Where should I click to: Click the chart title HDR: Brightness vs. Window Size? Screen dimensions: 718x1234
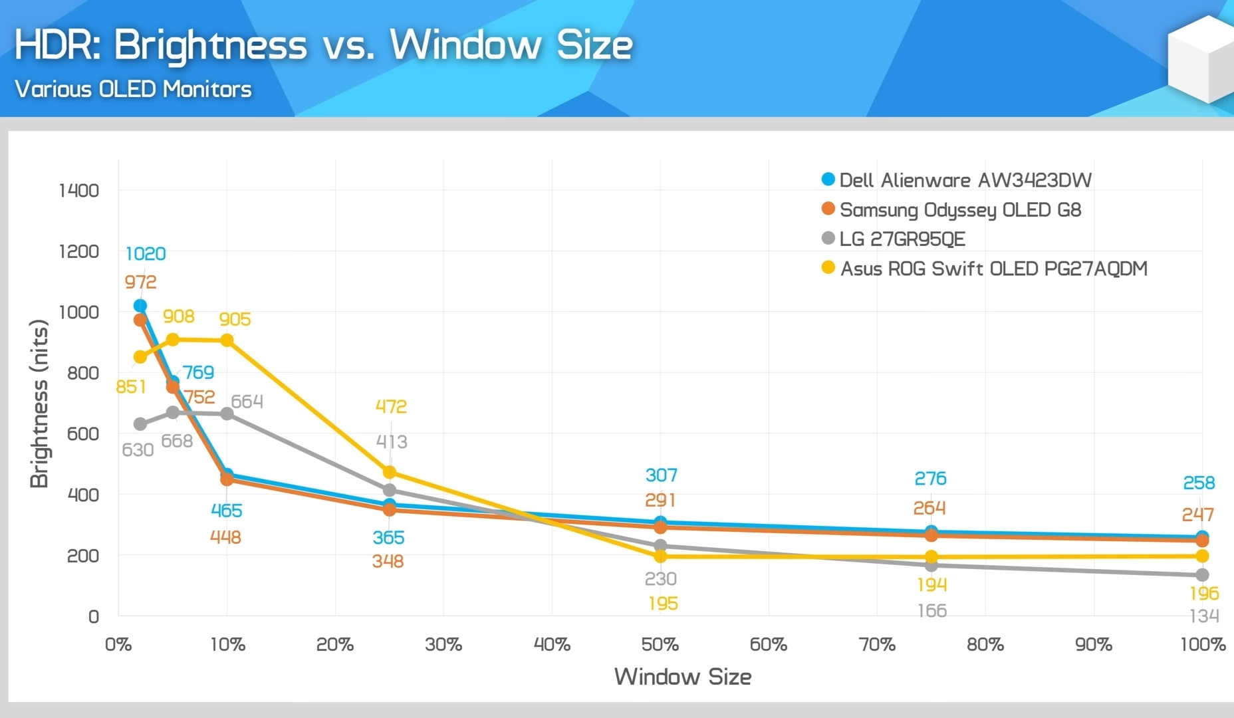pyautogui.click(x=323, y=45)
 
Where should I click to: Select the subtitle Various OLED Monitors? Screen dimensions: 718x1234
pyautogui.click(x=133, y=89)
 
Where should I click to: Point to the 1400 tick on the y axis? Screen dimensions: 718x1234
pyautogui.click(x=79, y=191)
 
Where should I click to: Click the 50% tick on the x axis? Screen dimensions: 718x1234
pyautogui.click(x=660, y=644)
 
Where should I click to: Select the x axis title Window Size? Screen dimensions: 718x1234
pyautogui.click(x=683, y=677)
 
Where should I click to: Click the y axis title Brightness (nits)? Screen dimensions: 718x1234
pyautogui.click(x=40, y=404)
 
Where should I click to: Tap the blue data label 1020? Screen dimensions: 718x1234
pyautogui.click(x=146, y=254)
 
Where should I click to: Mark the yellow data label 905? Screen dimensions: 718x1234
pyautogui.click(x=235, y=319)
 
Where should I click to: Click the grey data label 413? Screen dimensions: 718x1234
pyautogui.click(x=392, y=441)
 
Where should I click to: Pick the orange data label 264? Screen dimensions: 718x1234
pyautogui.click(x=929, y=508)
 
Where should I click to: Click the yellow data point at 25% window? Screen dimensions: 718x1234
pyautogui.click(x=390, y=473)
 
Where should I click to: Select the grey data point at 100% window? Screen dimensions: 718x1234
pyautogui.click(x=1202, y=575)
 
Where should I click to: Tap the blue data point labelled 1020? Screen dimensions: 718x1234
pyautogui.click(x=140, y=306)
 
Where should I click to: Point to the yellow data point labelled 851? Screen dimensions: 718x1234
pyautogui.click(x=140, y=357)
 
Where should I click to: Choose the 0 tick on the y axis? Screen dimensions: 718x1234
pyautogui.click(x=94, y=617)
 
